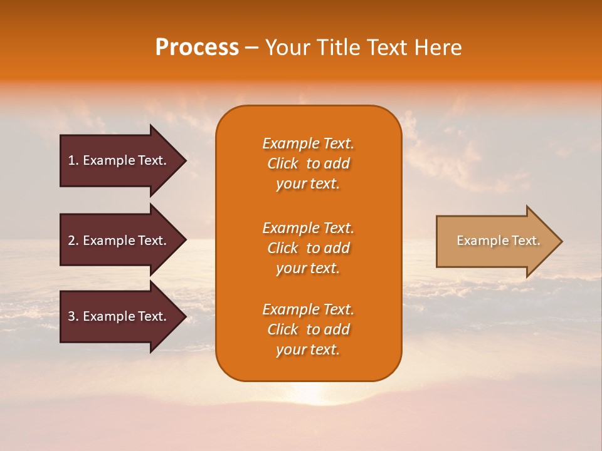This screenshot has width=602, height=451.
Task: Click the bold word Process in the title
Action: tap(197, 48)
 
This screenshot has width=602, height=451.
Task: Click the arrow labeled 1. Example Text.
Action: tap(119, 160)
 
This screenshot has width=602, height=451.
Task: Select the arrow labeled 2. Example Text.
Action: tap(119, 241)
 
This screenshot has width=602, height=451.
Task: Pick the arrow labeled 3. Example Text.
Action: tap(119, 316)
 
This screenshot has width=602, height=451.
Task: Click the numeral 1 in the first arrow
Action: tap(71, 160)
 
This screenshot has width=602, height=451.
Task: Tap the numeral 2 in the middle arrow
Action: tap(71, 241)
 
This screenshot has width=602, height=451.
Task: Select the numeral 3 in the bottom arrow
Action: tap(71, 316)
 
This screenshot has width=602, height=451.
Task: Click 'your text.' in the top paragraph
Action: tap(308, 184)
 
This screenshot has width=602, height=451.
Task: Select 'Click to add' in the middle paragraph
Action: tap(308, 248)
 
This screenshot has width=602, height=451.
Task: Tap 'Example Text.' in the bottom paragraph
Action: tap(308, 309)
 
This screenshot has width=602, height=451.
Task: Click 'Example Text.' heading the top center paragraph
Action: tap(308, 143)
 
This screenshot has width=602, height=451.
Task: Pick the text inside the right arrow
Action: tap(498, 241)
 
